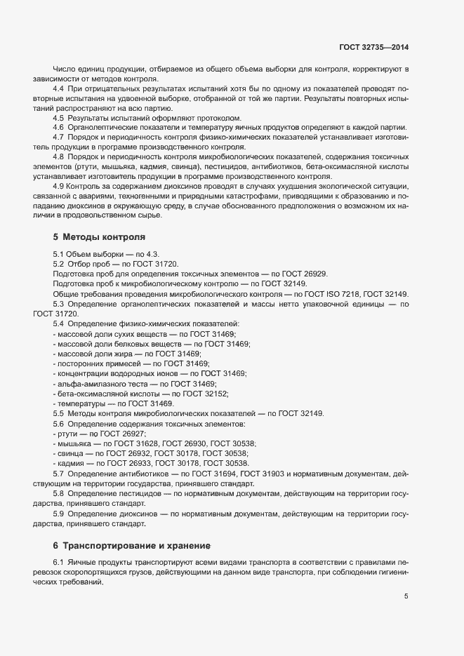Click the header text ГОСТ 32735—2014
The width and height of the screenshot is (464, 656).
[374, 47]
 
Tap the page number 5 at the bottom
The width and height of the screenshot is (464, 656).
[406, 596]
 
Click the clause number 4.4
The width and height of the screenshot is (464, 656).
[59, 90]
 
